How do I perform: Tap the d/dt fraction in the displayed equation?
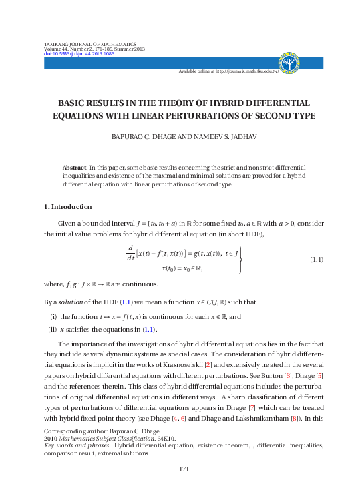pyautogui.click(x=130, y=253)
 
